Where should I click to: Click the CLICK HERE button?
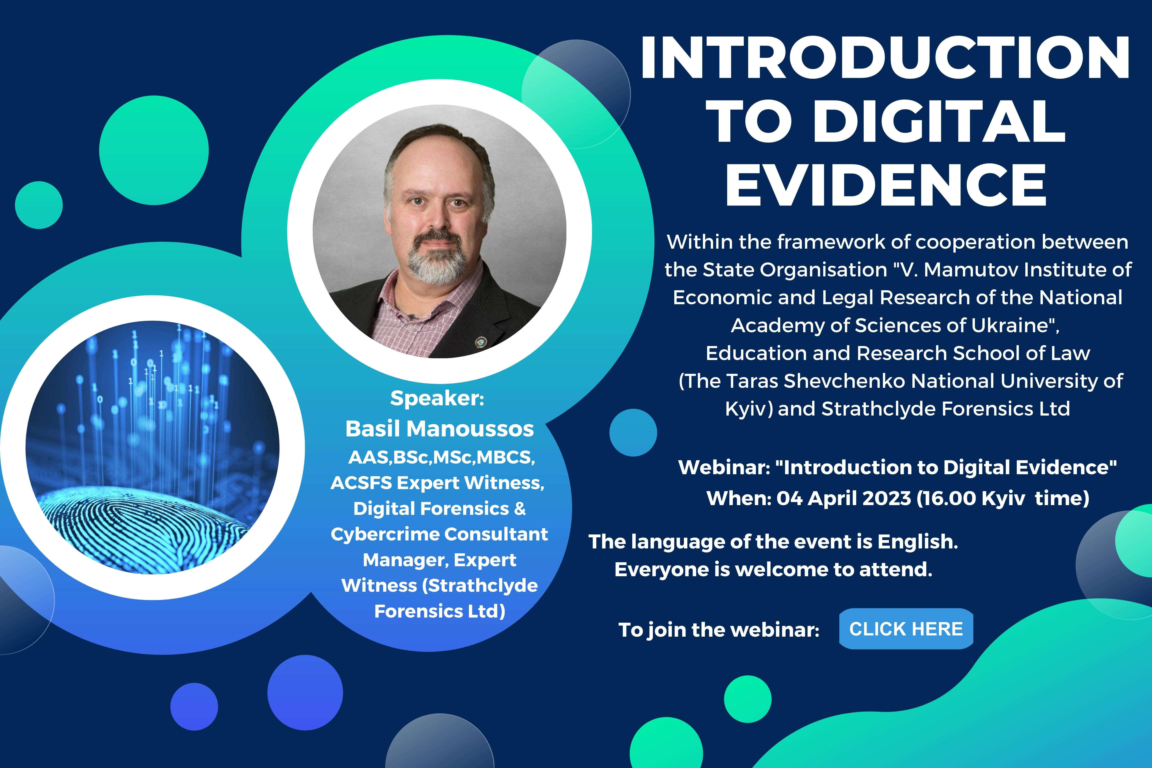(906, 629)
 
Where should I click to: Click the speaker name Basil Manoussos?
(439, 429)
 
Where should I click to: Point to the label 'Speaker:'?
(437, 398)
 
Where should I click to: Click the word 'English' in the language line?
(917, 542)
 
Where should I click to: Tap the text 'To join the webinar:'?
(718, 630)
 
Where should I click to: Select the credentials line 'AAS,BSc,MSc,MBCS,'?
(441, 458)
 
